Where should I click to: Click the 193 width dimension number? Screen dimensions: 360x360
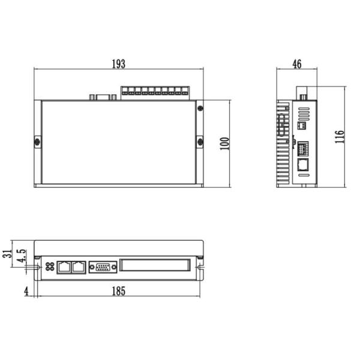coord(118,64)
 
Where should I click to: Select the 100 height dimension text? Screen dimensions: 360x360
coord(224,143)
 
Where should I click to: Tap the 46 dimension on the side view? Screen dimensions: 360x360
coord(296,64)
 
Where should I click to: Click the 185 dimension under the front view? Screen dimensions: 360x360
coord(119,292)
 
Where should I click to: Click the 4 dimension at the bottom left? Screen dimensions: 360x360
coord(26,292)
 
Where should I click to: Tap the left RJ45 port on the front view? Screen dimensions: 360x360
coord(65,267)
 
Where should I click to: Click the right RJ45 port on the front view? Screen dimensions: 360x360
coord(78,267)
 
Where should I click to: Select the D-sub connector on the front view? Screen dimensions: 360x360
coord(103,267)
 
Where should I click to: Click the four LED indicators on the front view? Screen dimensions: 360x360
coord(49,267)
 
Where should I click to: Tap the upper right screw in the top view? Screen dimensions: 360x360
coord(200,109)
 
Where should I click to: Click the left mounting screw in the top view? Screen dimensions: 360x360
coord(37,142)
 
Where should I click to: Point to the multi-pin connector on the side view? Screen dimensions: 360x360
coord(303,147)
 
